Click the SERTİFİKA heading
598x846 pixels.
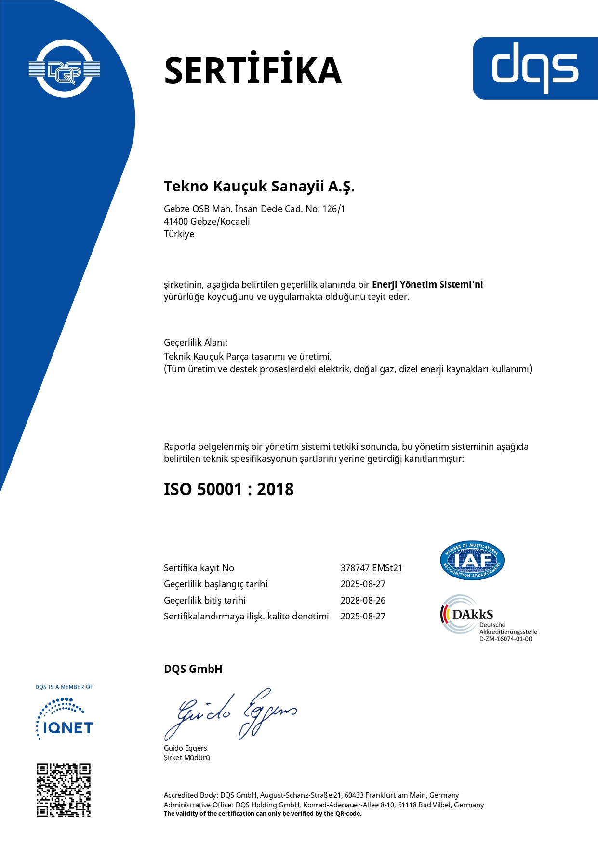point(252,70)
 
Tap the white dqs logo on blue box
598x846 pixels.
point(535,68)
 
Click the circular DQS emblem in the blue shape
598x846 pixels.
point(65,69)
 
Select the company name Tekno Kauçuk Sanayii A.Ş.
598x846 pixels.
point(259,186)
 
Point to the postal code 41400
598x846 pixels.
point(176,221)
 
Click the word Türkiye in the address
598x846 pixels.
point(179,234)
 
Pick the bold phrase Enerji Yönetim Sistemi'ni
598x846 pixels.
point(427,284)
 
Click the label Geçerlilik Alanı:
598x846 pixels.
point(196,342)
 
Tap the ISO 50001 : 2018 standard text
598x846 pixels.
point(228,489)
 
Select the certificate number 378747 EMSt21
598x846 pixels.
point(371,568)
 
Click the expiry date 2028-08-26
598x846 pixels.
point(363,600)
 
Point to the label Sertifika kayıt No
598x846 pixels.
point(199,568)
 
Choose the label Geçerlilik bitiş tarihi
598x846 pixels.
point(205,600)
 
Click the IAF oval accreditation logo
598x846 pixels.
point(472,560)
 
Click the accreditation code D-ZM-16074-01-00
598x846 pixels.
point(505,639)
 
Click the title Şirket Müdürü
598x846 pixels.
point(187,757)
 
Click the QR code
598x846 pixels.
point(64,790)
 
